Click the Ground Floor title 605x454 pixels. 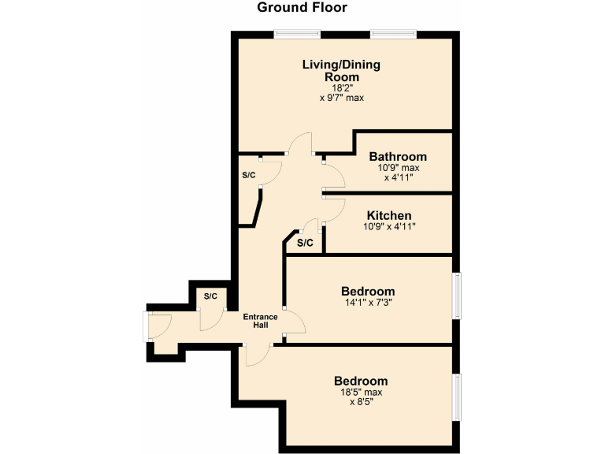coord(302,8)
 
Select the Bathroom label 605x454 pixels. coord(398,156)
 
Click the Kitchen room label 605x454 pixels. coord(389,215)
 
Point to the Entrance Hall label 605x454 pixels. coord(260,321)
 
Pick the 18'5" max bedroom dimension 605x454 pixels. coord(361,392)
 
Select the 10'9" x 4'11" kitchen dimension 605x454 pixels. coord(388,226)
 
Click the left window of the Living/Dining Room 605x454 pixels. coord(297,34)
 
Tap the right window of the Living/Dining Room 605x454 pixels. coord(393,34)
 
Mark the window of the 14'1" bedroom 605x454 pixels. coord(455,296)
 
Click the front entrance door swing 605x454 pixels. coord(160,325)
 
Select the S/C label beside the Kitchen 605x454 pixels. coord(305,243)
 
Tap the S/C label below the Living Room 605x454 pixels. coord(249,174)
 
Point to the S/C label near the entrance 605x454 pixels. coord(210,296)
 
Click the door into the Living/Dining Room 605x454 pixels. coord(300,144)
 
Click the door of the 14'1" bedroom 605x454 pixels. coord(293,322)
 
